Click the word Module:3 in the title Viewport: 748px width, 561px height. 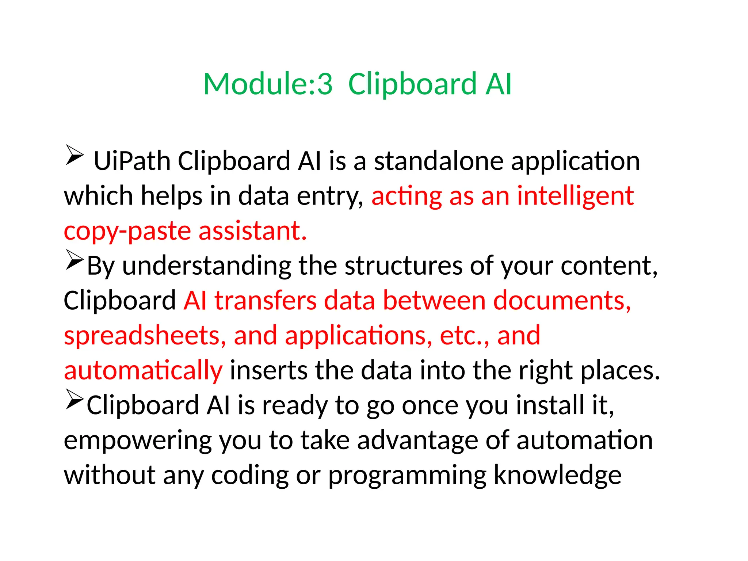tap(268, 84)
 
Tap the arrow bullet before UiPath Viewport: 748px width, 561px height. tap(75, 155)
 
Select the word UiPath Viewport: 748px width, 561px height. tap(132, 161)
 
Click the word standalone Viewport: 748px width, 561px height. tap(439, 161)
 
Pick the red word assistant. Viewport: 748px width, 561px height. tap(252, 231)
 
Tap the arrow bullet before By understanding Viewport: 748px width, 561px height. tap(75, 260)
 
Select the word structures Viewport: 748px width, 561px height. tap(403, 266)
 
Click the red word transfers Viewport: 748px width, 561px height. tap(265, 301)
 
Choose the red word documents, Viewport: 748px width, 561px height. tap(562, 301)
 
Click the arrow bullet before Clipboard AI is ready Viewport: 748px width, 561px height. tap(75, 400)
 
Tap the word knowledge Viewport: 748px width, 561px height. tap(557, 475)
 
